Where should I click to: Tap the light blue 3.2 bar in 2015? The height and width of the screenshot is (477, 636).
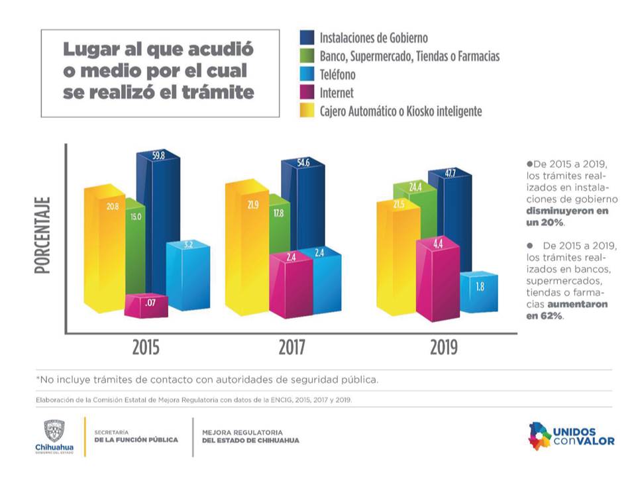click(x=188, y=278)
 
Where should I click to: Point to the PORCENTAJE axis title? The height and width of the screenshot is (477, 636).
click(x=44, y=236)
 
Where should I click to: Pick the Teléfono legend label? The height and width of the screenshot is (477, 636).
click(x=337, y=75)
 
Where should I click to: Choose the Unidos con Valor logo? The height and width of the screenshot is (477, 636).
click(x=570, y=435)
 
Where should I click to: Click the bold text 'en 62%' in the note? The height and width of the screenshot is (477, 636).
click(x=545, y=316)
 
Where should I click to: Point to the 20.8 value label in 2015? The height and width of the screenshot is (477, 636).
click(x=113, y=207)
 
